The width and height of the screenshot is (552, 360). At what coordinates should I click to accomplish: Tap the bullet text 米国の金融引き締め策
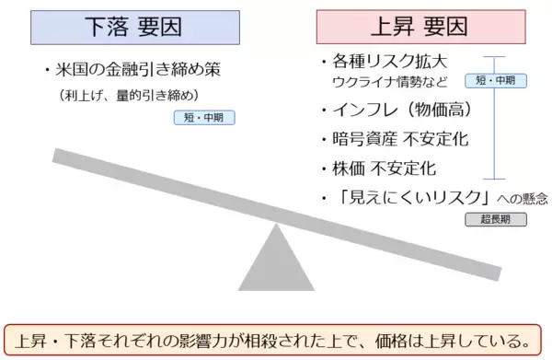coord(138,70)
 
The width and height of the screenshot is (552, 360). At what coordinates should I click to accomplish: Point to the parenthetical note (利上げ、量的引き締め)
coord(129,95)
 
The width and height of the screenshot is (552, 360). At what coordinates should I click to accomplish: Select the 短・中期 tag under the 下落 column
coord(203,118)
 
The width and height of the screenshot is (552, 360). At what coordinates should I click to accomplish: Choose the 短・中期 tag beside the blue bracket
coord(496,80)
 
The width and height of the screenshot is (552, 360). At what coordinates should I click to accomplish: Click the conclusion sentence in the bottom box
coord(276,335)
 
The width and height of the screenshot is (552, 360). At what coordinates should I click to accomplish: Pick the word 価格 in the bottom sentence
coord(401,336)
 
